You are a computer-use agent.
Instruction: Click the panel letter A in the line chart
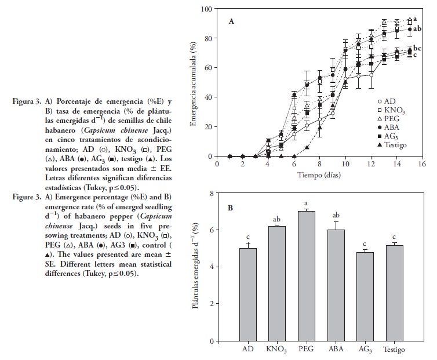pyautogui.click(x=231, y=21)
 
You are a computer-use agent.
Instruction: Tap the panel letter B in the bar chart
pyautogui.click(x=230, y=205)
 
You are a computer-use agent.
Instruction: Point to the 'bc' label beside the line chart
pyautogui.click(x=417, y=48)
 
